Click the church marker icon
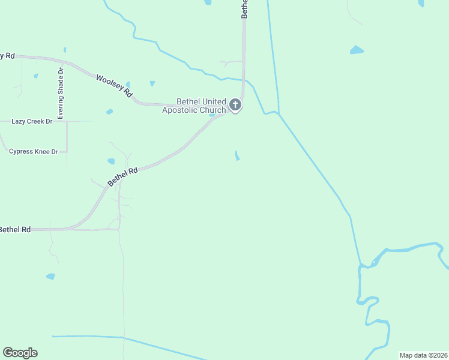click(x=235, y=106)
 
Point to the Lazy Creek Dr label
click(x=32, y=121)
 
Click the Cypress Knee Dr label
click(x=34, y=151)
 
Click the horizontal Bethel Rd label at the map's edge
click(x=15, y=229)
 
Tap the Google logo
click(x=20, y=353)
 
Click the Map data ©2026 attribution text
click(x=424, y=355)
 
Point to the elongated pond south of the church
click(x=238, y=156)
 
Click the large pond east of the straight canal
click(x=357, y=50)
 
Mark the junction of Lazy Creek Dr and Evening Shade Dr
click(x=67, y=121)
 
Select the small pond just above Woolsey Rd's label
click(x=152, y=83)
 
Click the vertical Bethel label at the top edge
click(x=245, y=10)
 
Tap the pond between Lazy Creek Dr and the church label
click(x=109, y=112)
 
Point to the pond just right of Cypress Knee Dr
click(x=111, y=161)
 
